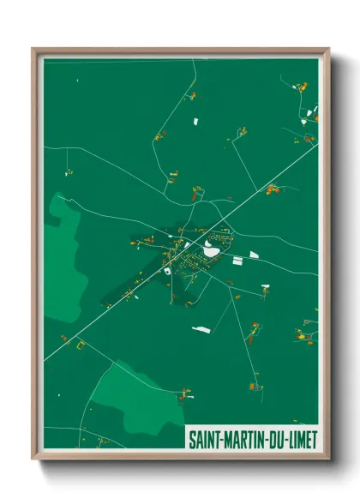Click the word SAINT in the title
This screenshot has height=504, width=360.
[205, 439]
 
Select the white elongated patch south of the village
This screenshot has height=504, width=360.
[201, 327]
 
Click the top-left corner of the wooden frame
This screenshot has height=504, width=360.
[33, 49]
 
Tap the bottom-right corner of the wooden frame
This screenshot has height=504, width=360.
[328, 459]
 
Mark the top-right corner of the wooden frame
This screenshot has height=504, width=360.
[328, 49]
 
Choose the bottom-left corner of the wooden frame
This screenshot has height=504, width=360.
[33, 459]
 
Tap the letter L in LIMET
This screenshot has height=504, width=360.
[287, 439]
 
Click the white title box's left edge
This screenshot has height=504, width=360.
[186, 439]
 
